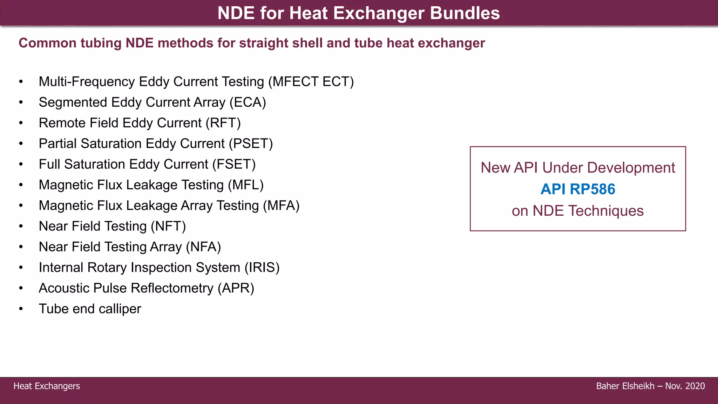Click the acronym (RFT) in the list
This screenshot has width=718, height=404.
[223, 123]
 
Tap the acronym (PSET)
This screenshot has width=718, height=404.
[251, 144]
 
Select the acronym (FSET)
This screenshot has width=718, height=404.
[234, 164]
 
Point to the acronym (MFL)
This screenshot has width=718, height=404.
[245, 185]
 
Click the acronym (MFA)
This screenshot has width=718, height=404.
[281, 206]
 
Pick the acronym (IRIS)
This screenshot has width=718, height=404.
[262, 268]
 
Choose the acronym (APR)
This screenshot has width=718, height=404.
[236, 288]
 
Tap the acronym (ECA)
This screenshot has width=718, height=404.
[248, 102]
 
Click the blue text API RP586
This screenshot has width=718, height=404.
[578, 189]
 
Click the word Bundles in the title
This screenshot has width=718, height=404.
[465, 13]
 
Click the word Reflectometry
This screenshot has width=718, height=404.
[172, 288]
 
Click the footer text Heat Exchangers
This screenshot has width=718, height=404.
[47, 386]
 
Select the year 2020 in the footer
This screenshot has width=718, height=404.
[695, 386]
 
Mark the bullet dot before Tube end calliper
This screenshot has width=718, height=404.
[21, 309]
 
